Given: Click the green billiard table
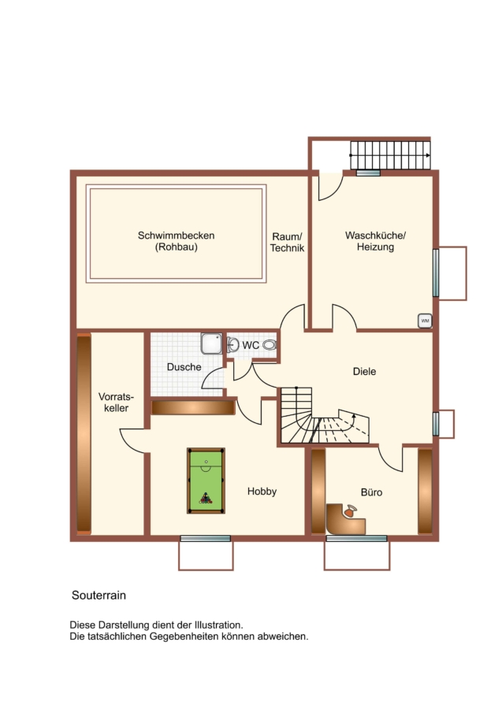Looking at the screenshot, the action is click(206, 481).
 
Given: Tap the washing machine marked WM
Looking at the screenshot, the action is click(425, 321).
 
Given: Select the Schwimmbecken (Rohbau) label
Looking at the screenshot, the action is click(177, 241).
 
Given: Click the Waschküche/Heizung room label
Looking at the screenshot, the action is click(375, 241).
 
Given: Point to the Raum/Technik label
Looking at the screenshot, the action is click(287, 243).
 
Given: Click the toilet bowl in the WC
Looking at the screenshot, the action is click(270, 345).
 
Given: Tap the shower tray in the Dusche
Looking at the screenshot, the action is click(212, 343).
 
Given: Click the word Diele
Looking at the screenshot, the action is click(365, 371).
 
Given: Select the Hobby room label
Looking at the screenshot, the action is click(262, 491).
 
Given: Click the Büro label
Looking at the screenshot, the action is click(372, 492).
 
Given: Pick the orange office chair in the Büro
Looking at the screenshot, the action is click(350, 511).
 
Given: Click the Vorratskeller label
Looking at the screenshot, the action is click(116, 402).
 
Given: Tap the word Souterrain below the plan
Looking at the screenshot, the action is click(99, 595).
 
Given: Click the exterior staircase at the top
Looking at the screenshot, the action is click(390, 155).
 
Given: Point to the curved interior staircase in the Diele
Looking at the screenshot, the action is click(325, 416).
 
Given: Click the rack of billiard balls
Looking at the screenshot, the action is click(206, 499).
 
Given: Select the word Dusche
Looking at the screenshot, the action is click(184, 366).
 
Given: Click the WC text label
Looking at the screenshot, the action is click(251, 345).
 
